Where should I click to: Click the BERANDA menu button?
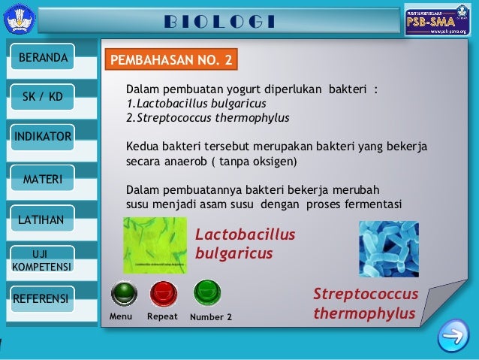(x=42, y=57)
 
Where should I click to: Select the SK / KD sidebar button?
(x=42, y=97)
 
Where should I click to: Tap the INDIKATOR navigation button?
(x=42, y=137)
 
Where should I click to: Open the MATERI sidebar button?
(x=42, y=178)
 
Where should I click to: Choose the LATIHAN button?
(x=42, y=219)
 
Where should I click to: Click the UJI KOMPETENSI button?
(x=42, y=259)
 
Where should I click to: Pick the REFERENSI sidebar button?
(x=42, y=299)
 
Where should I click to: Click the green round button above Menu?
(x=122, y=292)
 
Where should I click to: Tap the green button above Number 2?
(x=206, y=292)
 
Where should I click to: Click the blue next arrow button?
(x=453, y=334)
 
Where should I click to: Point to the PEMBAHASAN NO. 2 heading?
(x=173, y=59)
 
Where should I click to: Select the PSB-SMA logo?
(x=436, y=20)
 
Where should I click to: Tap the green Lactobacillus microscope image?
(x=155, y=246)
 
